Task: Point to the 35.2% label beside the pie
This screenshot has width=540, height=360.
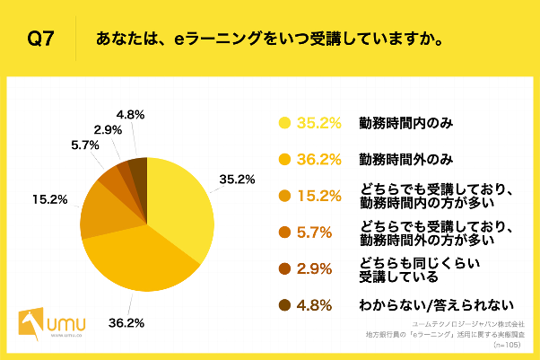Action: (x=237, y=179)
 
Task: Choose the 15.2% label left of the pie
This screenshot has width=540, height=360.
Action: (x=49, y=198)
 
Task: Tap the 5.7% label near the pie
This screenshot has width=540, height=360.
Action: (x=85, y=145)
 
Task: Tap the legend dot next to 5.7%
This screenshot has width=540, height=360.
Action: (x=286, y=232)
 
